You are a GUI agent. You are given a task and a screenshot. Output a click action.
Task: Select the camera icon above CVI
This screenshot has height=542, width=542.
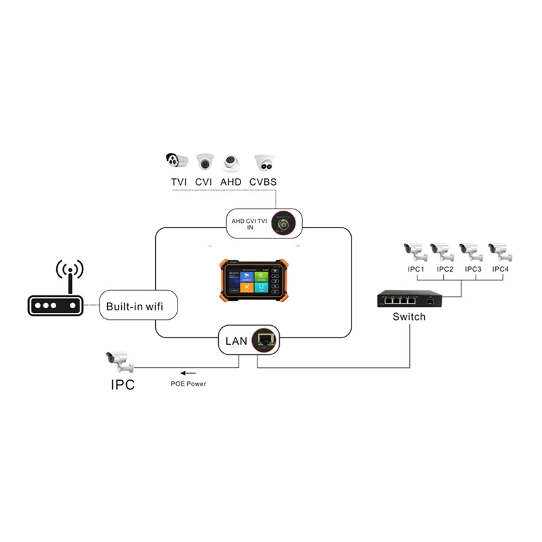pyautogui.click(x=205, y=161)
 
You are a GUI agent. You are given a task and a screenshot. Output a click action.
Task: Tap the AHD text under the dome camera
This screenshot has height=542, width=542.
pyautogui.click(x=232, y=182)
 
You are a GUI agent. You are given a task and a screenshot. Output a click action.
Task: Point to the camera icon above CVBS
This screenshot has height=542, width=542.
pyautogui.click(x=264, y=161)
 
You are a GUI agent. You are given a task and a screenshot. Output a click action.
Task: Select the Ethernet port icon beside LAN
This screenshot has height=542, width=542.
pyautogui.click(x=266, y=341)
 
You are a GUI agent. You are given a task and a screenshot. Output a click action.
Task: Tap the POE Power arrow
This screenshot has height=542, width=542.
pyautogui.click(x=188, y=373)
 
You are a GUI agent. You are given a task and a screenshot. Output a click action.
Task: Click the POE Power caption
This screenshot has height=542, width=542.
pyautogui.click(x=188, y=384)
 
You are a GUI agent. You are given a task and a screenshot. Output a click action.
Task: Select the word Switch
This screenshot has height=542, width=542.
pyautogui.click(x=409, y=316)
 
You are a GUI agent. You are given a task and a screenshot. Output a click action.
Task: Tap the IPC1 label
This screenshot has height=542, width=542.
pyautogui.click(x=415, y=269)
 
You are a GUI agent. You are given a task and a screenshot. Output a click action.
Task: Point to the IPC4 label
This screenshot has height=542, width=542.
pyautogui.click(x=500, y=269)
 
